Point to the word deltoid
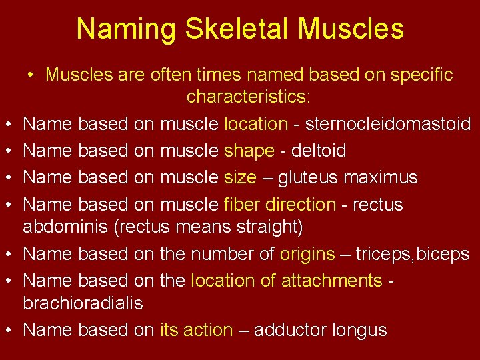click(315, 151)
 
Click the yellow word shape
click(249, 151)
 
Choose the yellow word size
click(240, 177)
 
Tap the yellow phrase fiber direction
click(280, 204)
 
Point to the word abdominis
click(65, 227)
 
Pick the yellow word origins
click(307, 254)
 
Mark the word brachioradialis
click(83, 303)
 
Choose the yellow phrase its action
click(196, 330)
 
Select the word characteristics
click(248, 97)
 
